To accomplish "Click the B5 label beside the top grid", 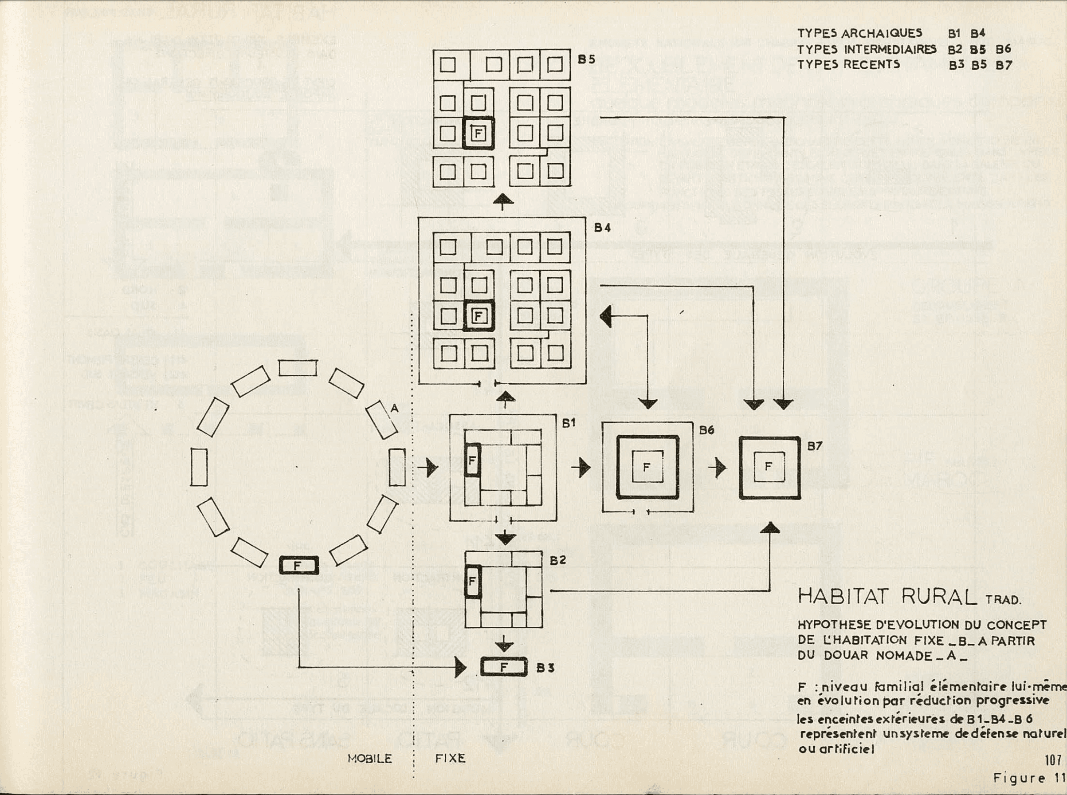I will [x=586, y=60].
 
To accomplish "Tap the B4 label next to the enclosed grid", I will [x=602, y=228].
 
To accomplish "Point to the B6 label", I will [x=707, y=431].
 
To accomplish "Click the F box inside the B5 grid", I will [x=478, y=133].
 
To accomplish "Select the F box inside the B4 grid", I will [x=478, y=316].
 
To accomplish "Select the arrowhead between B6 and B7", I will [x=720, y=467].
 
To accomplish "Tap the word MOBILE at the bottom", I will [x=370, y=759].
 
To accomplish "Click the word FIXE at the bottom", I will [x=450, y=759].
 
